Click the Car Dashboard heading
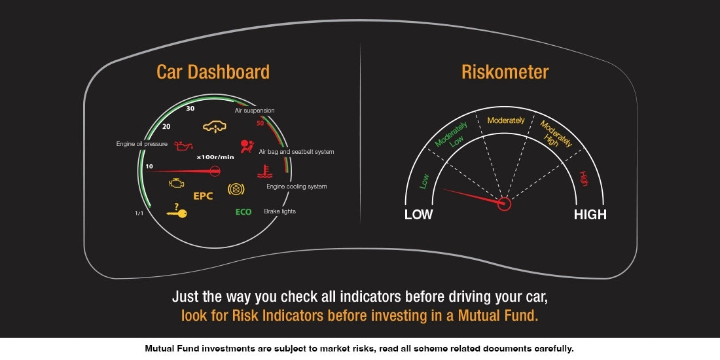pos(213,71)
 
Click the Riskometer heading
pos(505,71)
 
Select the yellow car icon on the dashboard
pos(210,125)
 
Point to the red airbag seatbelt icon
pos(247,145)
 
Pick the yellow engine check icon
pos(175,184)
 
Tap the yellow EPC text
pos(203,196)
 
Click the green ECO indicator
pos(243,212)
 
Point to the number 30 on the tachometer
pos(190,109)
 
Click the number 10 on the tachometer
pos(149,166)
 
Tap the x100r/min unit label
pos(215,157)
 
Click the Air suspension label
pos(255,111)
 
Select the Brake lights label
pos(279,211)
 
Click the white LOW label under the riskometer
pos(418,215)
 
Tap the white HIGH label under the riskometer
pos(590,215)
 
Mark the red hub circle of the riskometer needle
pos(504,204)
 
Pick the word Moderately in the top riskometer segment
pos(506,120)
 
